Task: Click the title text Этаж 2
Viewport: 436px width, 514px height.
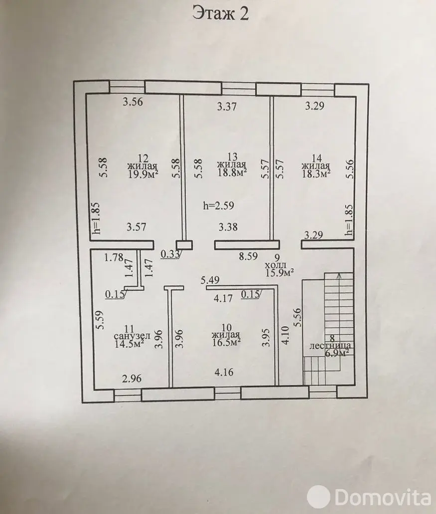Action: (x=220, y=13)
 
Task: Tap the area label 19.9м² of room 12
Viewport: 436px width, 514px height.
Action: (x=144, y=174)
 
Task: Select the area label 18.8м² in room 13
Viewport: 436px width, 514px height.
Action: (x=232, y=172)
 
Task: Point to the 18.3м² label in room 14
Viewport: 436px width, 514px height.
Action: (x=315, y=173)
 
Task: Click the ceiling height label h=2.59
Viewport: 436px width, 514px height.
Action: (x=218, y=206)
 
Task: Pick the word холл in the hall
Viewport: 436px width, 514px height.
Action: (x=276, y=264)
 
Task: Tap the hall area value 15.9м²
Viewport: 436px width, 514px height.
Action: (x=280, y=272)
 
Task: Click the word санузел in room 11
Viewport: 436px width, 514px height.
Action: (x=132, y=336)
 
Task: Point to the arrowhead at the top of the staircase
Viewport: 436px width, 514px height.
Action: (x=339, y=275)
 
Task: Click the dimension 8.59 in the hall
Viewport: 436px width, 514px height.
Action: (x=248, y=256)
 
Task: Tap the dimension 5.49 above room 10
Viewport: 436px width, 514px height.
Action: (x=210, y=280)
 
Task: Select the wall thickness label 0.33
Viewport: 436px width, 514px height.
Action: (x=170, y=254)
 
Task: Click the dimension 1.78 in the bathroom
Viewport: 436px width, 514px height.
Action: (x=114, y=257)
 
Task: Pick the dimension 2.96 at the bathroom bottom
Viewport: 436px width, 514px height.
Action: (x=132, y=379)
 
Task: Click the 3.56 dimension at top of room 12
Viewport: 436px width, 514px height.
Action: (x=133, y=102)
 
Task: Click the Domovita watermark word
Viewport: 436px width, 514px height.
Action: (x=383, y=497)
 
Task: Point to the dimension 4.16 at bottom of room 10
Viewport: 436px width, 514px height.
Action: (x=224, y=373)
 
